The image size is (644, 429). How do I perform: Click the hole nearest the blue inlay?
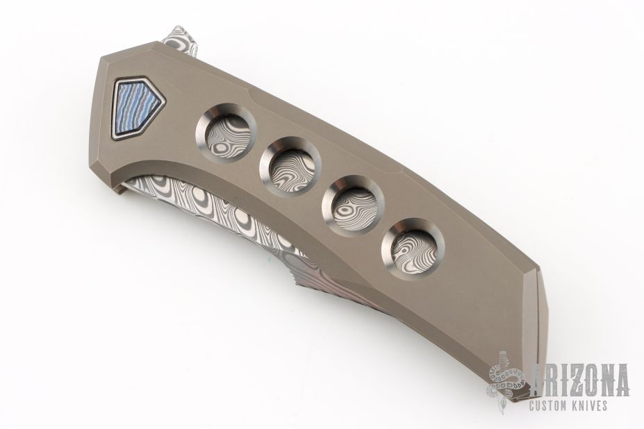226,132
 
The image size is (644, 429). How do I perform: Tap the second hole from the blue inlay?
290,167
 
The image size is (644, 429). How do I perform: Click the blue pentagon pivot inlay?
137,108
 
